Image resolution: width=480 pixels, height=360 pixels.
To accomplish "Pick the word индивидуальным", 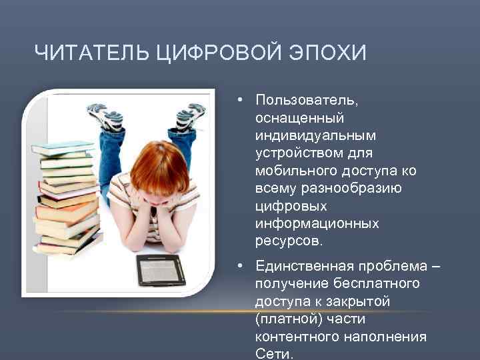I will point(315,135).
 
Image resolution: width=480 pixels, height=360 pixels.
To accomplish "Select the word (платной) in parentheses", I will point(288,319).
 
